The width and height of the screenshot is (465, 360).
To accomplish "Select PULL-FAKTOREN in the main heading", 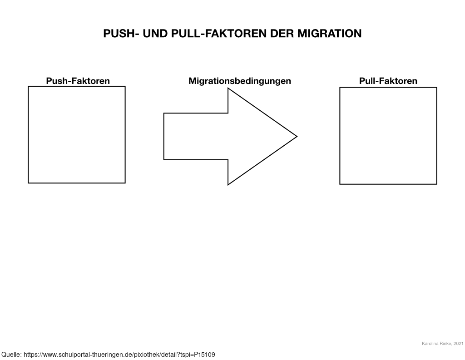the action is click(x=219, y=34).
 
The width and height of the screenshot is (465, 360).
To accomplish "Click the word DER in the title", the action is click(x=282, y=34).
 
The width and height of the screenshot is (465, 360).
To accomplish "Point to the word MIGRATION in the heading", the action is click(x=330, y=34).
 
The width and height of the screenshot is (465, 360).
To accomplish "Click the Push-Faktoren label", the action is click(x=78, y=81).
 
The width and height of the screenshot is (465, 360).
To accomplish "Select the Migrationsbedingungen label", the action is click(x=240, y=81).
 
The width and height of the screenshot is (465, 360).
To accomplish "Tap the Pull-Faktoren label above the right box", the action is click(x=388, y=81).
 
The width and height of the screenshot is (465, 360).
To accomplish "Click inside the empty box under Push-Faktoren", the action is click(x=77, y=135).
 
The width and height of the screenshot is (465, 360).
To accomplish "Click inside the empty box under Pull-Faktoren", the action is click(x=388, y=136).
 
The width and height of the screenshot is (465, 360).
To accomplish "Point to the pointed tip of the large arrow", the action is click(x=297, y=136).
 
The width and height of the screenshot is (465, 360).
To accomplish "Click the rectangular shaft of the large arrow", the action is click(x=196, y=136).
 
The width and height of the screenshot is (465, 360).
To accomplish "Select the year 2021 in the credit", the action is click(x=459, y=344).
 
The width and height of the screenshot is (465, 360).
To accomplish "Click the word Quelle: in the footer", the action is click(x=11, y=355).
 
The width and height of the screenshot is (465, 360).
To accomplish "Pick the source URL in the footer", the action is click(x=119, y=355).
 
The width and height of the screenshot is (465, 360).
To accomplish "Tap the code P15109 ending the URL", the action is click(x=205, y=355).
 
